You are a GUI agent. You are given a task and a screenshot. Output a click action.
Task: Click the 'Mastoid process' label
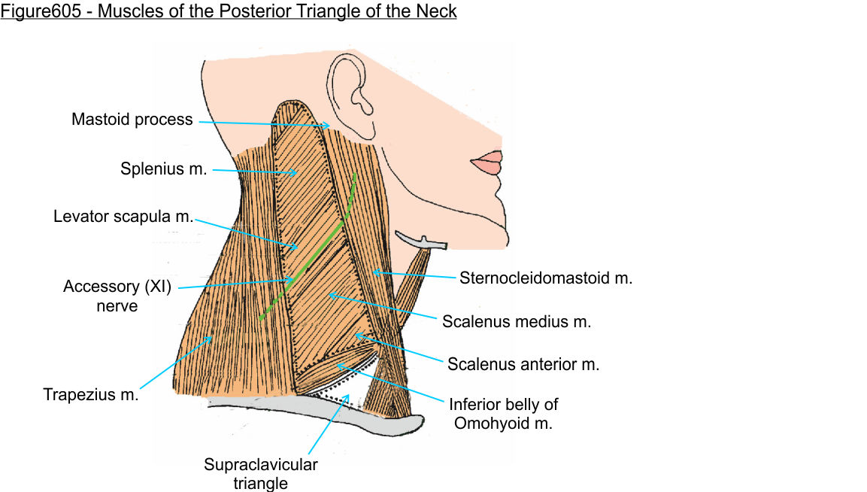132,120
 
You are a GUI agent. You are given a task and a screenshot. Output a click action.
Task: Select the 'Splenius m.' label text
163,169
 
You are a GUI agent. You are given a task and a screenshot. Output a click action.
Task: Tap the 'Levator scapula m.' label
123,217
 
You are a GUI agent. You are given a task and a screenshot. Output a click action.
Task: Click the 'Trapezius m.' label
91,394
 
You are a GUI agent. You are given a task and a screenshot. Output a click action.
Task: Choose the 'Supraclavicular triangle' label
260,473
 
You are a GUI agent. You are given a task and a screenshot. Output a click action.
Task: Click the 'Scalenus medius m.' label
517,322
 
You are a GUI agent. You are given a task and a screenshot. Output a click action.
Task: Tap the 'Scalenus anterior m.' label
523,365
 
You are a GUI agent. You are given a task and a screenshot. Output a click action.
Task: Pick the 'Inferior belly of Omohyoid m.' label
505,413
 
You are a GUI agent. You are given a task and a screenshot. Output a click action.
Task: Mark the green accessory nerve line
316,249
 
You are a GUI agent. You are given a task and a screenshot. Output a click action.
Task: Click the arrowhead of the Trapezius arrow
210,339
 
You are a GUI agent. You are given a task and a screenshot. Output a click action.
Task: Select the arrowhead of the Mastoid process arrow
328,125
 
